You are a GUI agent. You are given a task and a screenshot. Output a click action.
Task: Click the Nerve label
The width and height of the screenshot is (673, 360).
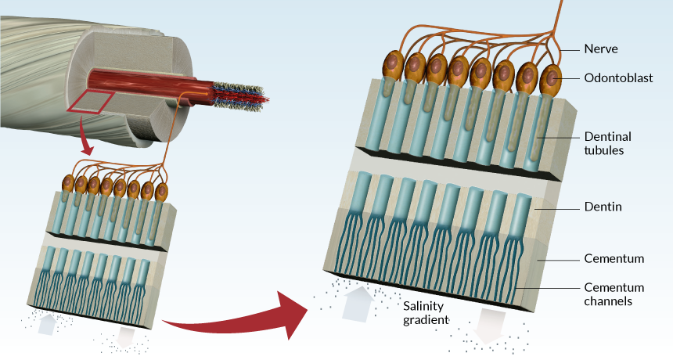pyautogui.click(x=601, y=49)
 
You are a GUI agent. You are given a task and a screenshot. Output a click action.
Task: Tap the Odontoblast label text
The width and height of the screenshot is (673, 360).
pyautogui.click(x=618, y=78)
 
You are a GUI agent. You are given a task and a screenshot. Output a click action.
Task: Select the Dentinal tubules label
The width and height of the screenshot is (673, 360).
pyautogui.click(x=608, y=143)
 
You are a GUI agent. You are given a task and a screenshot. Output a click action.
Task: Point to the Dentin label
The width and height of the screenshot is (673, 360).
pyautogui.click(x=603, y=207)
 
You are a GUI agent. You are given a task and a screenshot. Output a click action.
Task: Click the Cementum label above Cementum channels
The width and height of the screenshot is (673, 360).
pyautogui.click(x=614, y=259)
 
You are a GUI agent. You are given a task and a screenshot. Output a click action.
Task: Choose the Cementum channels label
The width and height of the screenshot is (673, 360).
pyautogui.click(x=614, y=294)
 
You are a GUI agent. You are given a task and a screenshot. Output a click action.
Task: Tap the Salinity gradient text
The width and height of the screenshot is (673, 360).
pyautogui.click(x=425, y=313)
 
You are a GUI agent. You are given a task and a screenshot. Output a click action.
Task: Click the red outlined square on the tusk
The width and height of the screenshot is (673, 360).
pyautogui.click(x=90, y=103)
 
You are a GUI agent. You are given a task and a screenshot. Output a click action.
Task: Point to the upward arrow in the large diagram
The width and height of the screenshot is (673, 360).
pyautogui.click(x=358, y=304)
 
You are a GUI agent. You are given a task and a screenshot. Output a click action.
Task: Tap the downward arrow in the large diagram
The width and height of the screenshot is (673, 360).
pyautogui.click(x=489, y=326)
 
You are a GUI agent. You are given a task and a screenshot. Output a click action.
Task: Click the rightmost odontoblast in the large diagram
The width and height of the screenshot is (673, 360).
pyautogui.click(x=551, y=81)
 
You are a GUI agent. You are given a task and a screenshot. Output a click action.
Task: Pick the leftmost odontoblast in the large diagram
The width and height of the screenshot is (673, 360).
pyautogui.click(x=393, y=66)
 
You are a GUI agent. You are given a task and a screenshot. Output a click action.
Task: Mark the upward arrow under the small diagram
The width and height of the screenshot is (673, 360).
pyautogui.click(x=48, y=324)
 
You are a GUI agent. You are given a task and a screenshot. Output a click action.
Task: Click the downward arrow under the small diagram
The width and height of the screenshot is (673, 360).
pyautogui.click(x=126, y=337)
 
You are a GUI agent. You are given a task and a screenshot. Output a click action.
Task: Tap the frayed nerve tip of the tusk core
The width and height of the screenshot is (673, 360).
pyautogui.click(x=241, y=95)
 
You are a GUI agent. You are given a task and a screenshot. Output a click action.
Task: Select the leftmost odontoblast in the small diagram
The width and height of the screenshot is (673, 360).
pyautogui.click(x=68, y=183)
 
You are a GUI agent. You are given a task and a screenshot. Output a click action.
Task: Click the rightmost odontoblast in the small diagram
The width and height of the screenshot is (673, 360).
pyautogui.click(x=161, y=193)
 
